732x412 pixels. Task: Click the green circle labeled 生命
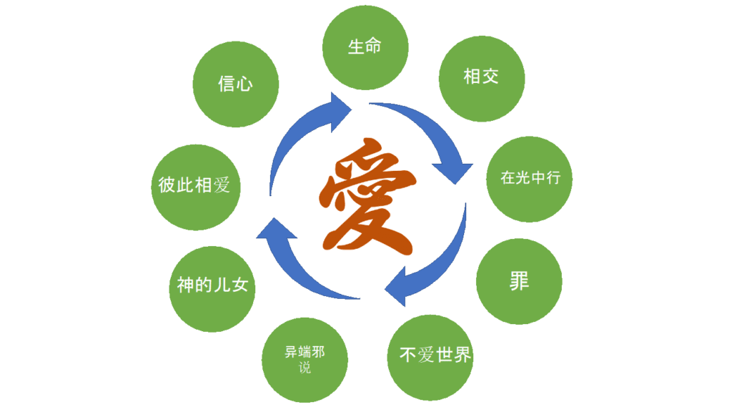365,48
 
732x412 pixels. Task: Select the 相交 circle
481,77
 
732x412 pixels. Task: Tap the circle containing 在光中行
530,178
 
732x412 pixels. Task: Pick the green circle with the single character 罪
519,281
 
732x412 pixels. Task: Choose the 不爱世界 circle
435,355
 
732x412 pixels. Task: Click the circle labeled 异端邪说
305,360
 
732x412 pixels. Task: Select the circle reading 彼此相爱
194,186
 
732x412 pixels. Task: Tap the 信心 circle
235,84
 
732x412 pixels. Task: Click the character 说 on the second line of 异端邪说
305,369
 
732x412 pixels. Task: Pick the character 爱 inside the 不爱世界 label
427,355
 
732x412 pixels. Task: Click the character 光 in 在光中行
522,178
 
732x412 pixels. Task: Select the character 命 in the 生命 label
373,48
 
